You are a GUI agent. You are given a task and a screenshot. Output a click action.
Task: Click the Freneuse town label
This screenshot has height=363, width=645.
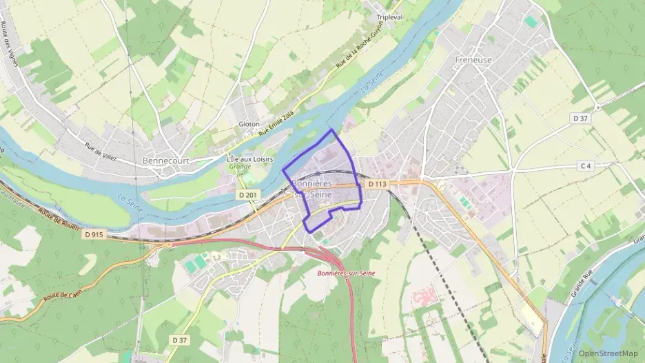473,60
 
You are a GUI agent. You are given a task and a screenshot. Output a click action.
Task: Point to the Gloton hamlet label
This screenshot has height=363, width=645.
249,124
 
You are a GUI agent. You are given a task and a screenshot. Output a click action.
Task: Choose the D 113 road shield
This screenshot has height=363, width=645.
377,184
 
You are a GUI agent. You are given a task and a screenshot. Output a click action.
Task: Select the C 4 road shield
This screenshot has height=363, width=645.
586,166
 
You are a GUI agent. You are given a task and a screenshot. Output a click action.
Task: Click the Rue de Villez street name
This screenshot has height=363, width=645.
101,152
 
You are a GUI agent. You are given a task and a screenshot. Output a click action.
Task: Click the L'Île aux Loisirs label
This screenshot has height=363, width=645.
249,159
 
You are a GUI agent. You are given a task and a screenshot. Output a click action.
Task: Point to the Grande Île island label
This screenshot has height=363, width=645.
240,169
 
